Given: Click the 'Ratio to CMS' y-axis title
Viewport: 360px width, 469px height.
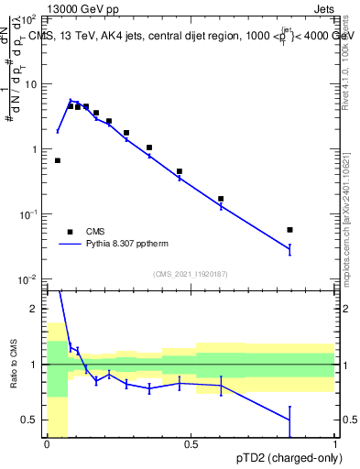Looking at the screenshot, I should tap(12, 363).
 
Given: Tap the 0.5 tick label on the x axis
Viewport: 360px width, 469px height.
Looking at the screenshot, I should tap(191, 445).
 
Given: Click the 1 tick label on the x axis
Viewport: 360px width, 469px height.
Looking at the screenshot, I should tap(335, 445).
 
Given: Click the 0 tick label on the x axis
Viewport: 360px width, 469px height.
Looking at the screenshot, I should tap(47, 445).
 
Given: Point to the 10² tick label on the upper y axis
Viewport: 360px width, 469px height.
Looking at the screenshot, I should tap(27, 19).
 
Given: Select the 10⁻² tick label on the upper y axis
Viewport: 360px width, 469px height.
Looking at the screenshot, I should tap(27, 279).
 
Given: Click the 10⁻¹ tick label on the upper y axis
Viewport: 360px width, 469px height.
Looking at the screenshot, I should tap(27, 214).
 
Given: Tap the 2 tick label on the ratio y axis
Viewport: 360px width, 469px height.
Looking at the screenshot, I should tap(35, 309).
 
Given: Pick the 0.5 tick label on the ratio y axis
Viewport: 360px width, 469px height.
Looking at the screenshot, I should tap(31, 420).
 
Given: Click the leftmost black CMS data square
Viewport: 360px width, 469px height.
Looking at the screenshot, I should tap(58, 160).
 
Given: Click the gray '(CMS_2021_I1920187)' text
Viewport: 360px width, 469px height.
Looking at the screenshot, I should tap(191, 273).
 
